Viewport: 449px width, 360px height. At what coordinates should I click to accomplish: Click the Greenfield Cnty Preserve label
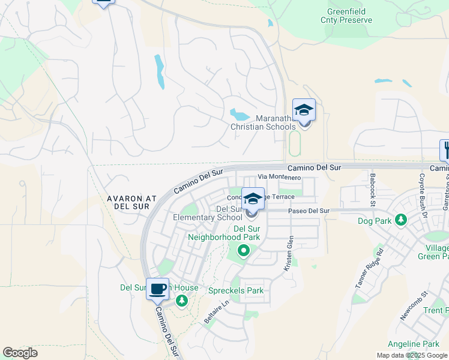pos(349,16)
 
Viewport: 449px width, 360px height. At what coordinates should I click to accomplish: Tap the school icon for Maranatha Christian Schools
pos(304,110)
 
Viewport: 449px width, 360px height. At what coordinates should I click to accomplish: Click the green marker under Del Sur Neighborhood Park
pos(244,251)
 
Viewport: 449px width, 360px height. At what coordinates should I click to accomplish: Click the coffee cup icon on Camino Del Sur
pos(158,289)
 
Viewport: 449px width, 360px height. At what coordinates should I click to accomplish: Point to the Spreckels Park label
pos(240,291)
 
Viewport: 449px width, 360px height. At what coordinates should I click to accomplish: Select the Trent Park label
pos(435,310)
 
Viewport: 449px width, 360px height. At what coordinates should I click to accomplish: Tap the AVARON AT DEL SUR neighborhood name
pos(131,202)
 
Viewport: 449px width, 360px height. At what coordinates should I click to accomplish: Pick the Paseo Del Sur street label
pos(309,211)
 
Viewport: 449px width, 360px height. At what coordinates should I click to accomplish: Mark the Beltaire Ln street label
pos(216,313)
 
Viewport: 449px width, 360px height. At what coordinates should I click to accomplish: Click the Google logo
pos(20,353)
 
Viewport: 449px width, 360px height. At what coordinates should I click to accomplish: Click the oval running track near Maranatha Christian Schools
pos(294,143)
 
